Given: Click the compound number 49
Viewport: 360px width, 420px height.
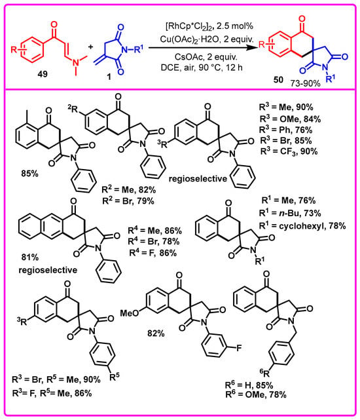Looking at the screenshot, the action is point(43,73).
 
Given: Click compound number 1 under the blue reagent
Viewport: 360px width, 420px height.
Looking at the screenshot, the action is point(109,78).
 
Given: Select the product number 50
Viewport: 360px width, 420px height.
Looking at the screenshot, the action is point(278,79).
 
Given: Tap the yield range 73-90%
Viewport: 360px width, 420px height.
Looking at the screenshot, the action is point(306,83).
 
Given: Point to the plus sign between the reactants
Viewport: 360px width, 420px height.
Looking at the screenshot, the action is point(91,47).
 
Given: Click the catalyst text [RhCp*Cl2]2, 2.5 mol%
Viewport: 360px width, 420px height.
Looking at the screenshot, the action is point(209,26).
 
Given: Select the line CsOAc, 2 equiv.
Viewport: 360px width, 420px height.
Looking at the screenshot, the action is point(206,57).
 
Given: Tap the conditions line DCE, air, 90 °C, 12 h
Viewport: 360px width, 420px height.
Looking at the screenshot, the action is point(202,67).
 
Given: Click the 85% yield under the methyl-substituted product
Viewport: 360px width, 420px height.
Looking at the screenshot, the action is point(30,174).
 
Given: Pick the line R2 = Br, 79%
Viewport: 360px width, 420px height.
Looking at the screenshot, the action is point(128,200).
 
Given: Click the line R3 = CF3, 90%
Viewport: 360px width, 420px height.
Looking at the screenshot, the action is point(289,151).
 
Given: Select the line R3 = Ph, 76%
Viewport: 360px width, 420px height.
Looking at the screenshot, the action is point(286,130).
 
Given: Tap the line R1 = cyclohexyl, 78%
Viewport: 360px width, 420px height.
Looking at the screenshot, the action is point(302,226).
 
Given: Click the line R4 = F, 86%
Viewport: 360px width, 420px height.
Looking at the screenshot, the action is point(153,252).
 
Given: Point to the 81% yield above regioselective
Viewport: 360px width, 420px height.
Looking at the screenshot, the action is point(30,258).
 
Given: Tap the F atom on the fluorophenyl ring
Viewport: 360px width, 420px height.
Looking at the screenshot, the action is point(239,348).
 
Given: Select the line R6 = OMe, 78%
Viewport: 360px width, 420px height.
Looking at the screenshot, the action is point(256,394).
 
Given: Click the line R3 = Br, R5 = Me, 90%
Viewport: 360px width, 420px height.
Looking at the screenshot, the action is point(56,379).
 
